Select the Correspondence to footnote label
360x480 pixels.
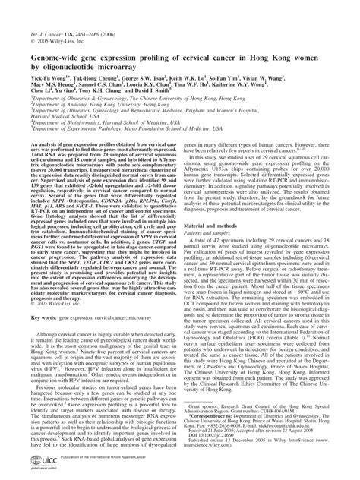point(223,415)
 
